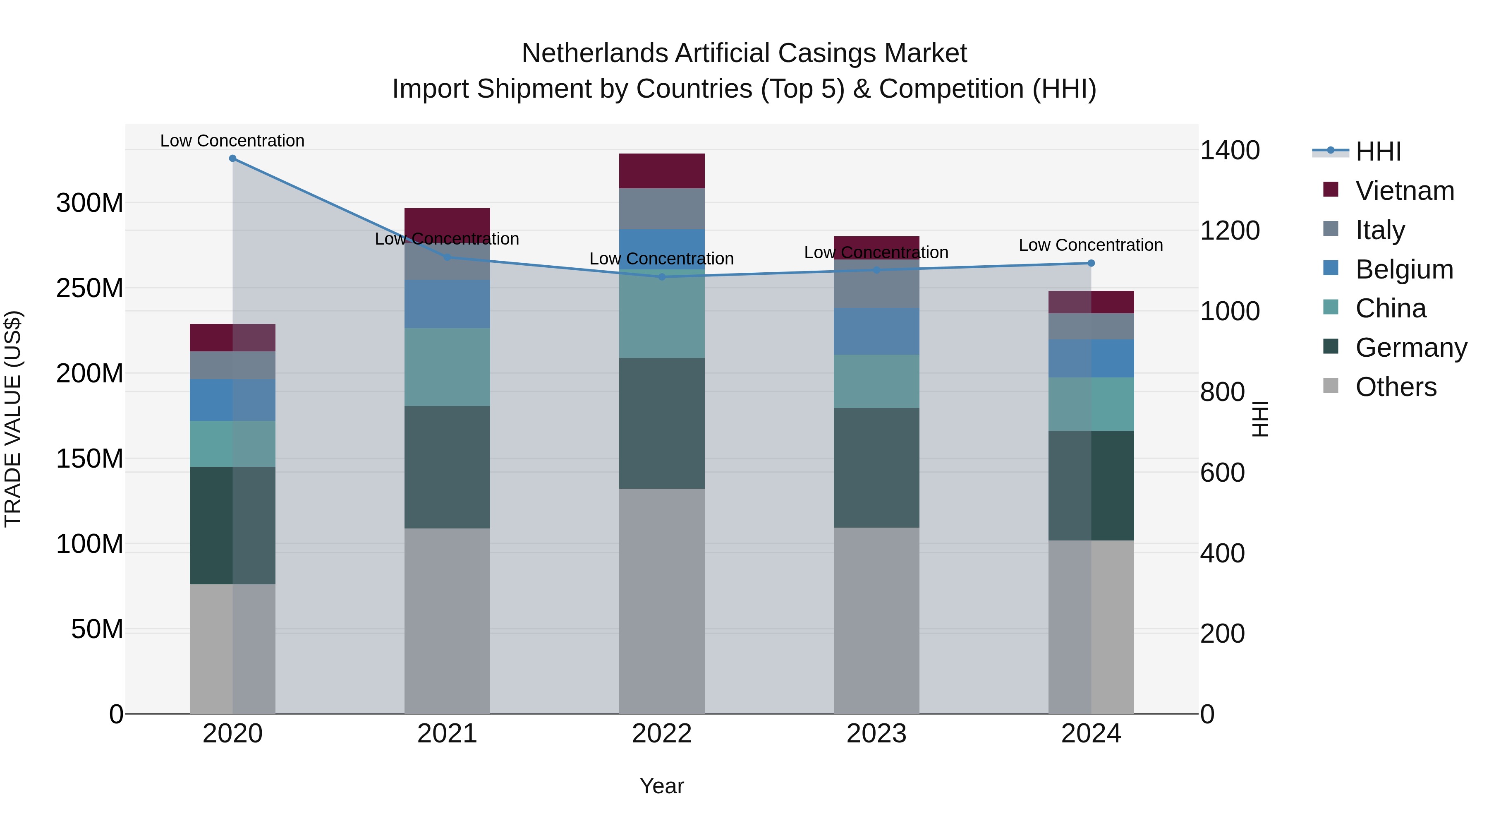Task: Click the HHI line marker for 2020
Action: coord(232,158)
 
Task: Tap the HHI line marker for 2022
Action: coord(662,277)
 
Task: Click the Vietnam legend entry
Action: coord(1404,191)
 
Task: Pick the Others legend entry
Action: coord(1396,387)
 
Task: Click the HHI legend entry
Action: coord(1378,151)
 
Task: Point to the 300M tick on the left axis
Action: coord(90,203)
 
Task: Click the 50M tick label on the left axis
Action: coord(97,629)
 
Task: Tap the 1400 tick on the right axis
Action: coord(1230,150)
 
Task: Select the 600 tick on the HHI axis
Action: coord(1222,473)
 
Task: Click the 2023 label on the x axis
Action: coord(876,734)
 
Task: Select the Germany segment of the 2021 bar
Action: coord(447,467)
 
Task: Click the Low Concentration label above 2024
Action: coord(1091,245)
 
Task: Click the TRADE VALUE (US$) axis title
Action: coord(13,419)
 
